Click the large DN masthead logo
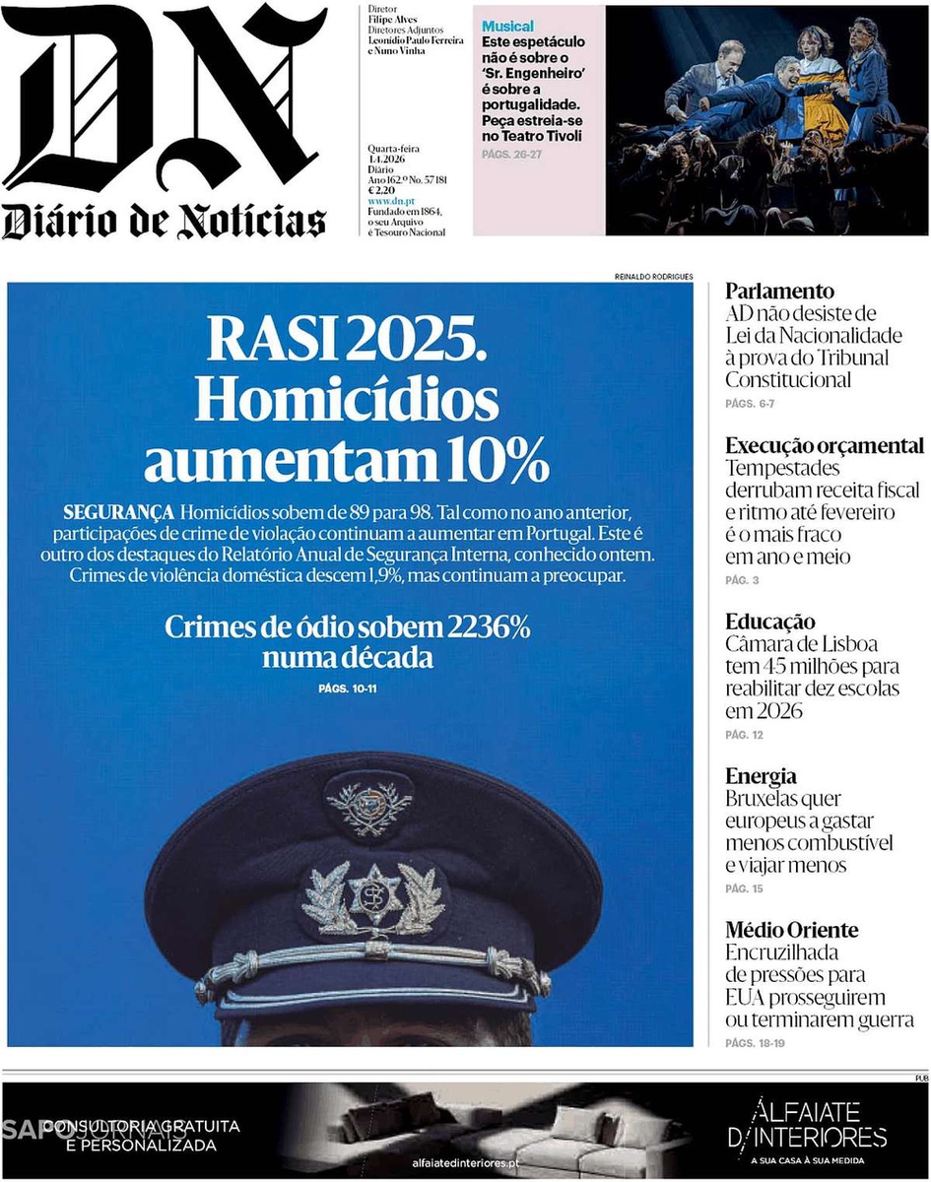(166, 98)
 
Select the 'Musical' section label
(508, 27)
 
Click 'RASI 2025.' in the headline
(346, 341)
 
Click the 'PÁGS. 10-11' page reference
(348, 688)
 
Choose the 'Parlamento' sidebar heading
(779, 292)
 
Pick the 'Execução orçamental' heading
(825, 445)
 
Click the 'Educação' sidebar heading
(770, 622)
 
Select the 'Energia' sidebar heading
(761, 776)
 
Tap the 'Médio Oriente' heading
(791, 930)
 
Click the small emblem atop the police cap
(368, 807)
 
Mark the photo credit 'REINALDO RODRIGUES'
(653, 276)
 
